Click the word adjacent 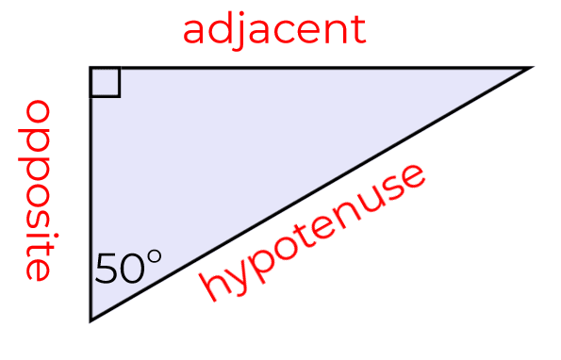pos(273,29)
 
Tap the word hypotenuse pos(314,233)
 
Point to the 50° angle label pos(128,270)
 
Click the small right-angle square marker pos(106,82)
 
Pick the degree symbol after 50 pos(154,257)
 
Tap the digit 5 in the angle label pos(107,270)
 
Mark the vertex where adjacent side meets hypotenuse pos(530,68)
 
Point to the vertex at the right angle pos(91,68)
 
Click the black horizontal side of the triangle pos(311,68)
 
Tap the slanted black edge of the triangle pos(311,194)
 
